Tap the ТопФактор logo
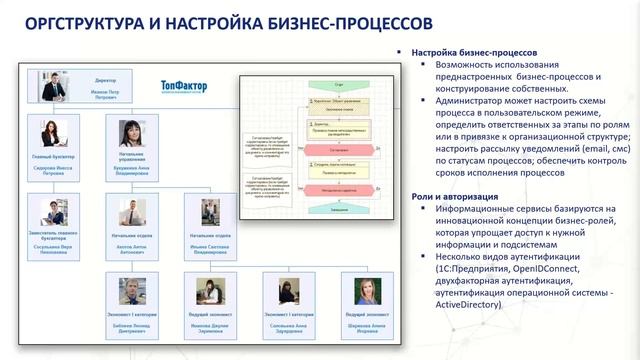coord(183,87)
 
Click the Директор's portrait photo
coord(53,85)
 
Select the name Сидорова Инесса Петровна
coord(54,171)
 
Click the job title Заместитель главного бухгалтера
coord(54,236)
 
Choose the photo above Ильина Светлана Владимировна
coord(210,212)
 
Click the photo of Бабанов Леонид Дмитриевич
coord(132,291)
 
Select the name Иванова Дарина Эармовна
coord(209,327)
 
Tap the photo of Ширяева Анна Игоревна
coord(365,291)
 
